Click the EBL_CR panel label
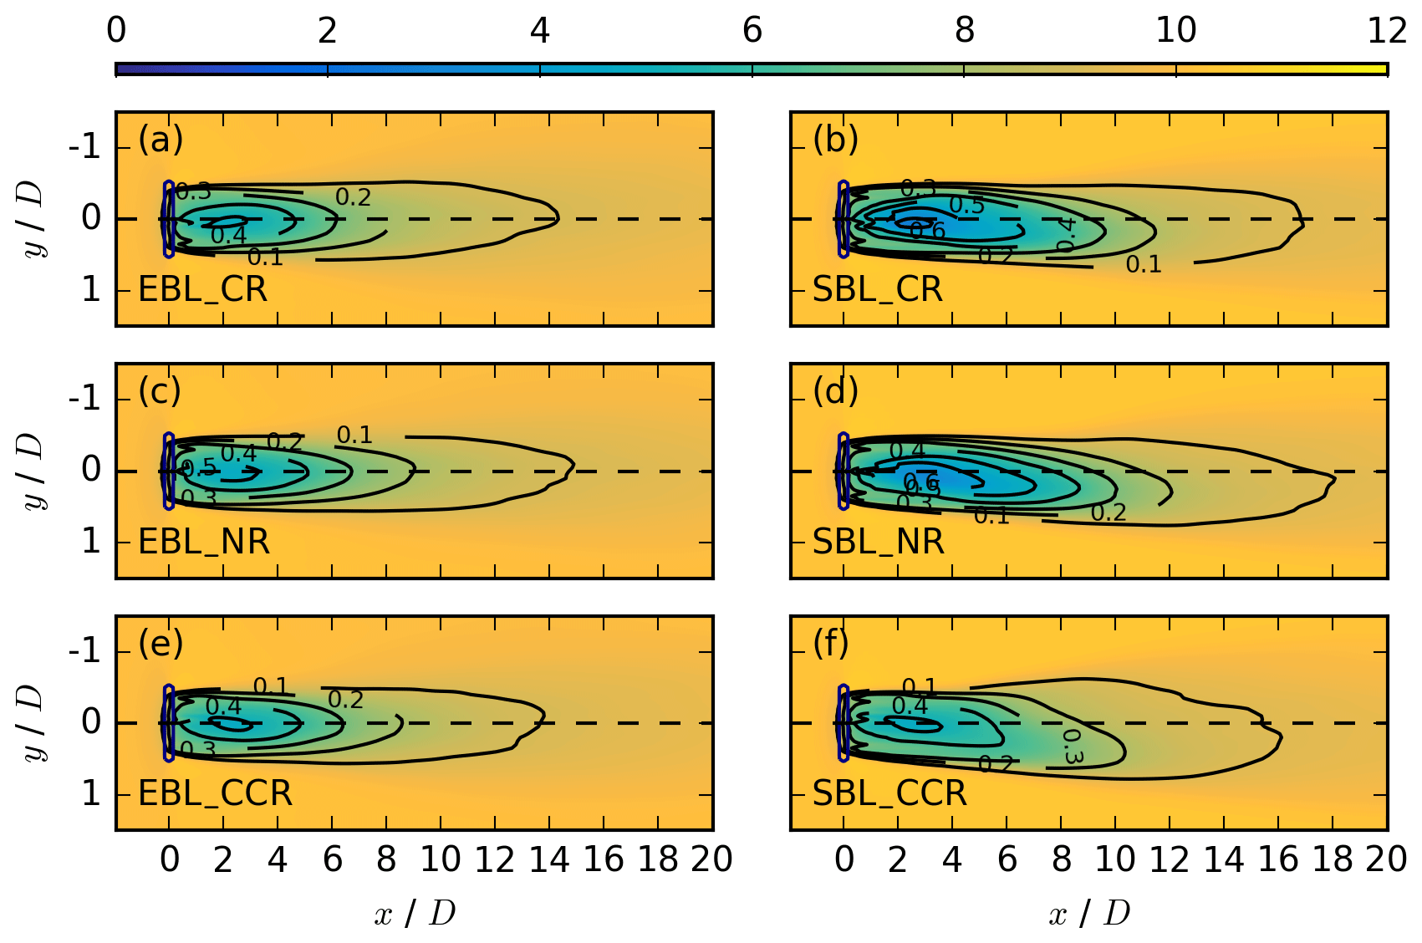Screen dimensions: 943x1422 pos(202,290)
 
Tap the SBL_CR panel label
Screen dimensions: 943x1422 pos(877,290)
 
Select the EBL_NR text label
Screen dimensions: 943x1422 pos(203,543)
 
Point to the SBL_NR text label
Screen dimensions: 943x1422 pos(878,543)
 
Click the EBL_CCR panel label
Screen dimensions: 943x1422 pos(215,793)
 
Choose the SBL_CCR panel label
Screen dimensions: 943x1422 pos(889,793)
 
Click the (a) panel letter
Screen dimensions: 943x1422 pos(161,139)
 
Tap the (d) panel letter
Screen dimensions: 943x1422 pos(835,391)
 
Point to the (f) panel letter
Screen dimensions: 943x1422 pos(831,643)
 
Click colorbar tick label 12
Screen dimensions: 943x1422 pos(1387,31)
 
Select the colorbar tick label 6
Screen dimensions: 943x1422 pos(752,31)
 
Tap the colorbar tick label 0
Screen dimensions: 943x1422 pos(116,31)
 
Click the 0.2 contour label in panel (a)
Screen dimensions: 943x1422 pos(353,198)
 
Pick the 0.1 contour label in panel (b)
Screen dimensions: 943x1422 pos(1144,265)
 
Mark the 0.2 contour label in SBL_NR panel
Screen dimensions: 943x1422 pos(1109,512)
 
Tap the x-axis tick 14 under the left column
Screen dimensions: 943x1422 pos(549,859)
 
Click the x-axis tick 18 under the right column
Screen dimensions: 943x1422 pos(1333,859)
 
